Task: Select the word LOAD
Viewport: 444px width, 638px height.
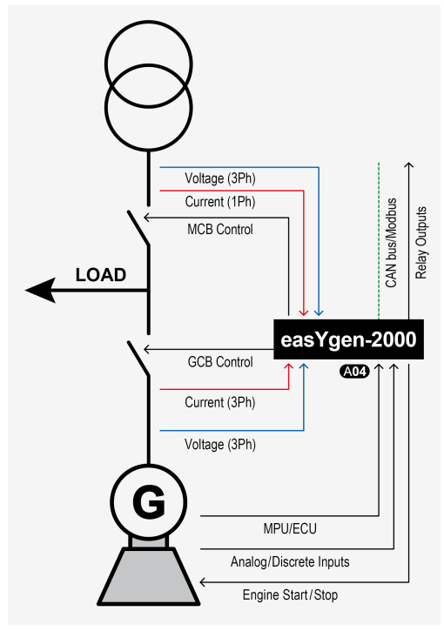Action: point(100,275)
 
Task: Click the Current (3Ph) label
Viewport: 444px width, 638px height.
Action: point(220,402)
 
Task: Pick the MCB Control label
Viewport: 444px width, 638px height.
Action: point(219,230)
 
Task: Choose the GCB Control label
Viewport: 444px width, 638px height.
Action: point(220,362)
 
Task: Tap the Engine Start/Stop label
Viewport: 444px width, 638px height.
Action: point(291,595)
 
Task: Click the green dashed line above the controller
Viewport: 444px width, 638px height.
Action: point(379,235)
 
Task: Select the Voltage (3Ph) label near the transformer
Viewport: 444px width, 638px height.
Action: point(220,178)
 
